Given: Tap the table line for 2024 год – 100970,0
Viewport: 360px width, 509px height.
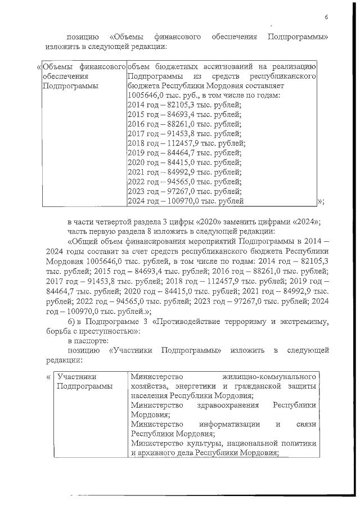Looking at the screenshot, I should (186, 201).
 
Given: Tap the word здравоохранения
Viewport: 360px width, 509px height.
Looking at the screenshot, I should (227, 405).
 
